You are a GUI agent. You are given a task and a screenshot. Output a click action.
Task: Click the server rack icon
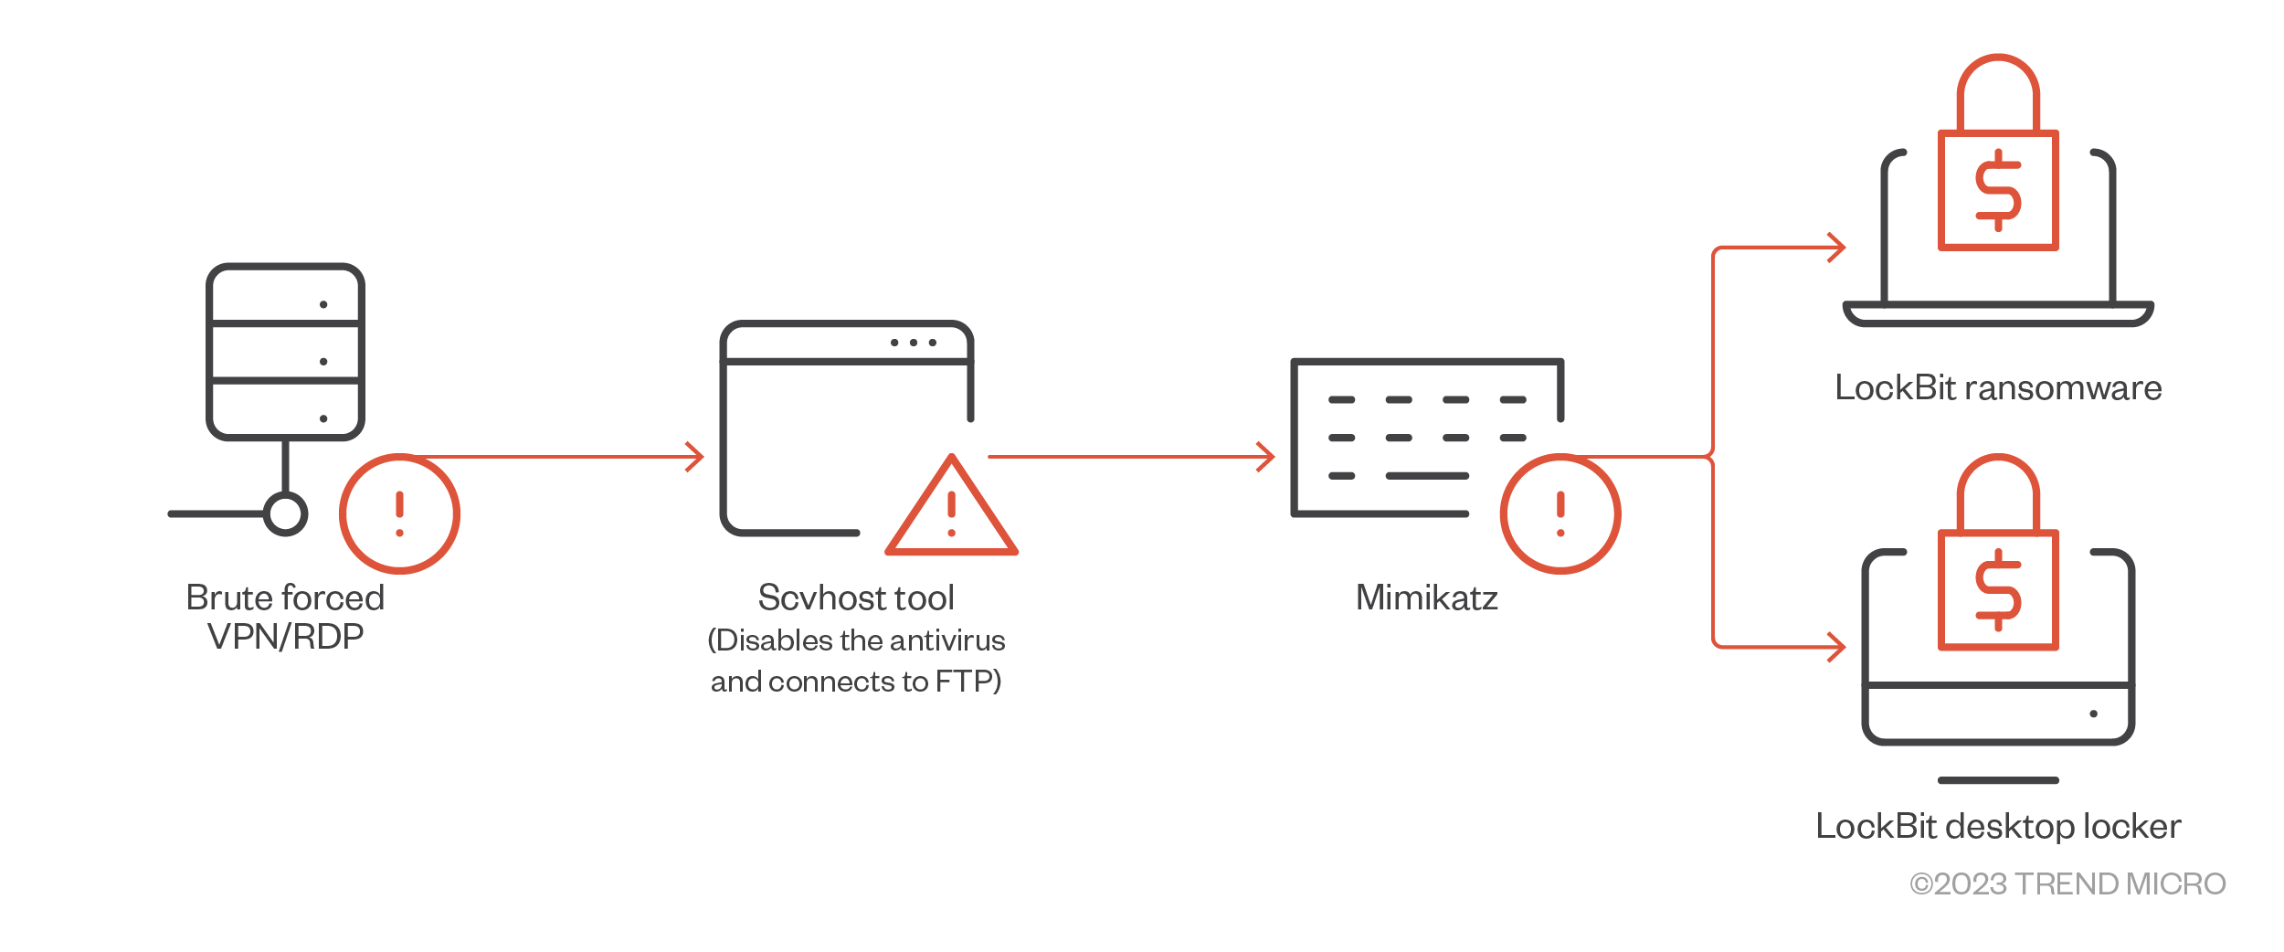pyautogui.click(x=285, y=352)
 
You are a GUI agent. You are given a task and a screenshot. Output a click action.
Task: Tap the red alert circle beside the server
pyautogui.click(x=399, y=513)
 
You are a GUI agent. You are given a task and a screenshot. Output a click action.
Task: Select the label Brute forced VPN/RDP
pyautogui.click(x=285, y=617)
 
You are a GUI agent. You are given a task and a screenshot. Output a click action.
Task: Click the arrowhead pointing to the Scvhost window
pyautogui.click(x=696, y=457)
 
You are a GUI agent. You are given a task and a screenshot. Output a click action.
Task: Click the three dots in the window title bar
pyautogui.click(x=913, y=343)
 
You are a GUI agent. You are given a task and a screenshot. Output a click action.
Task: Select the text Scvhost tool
pyautogui.click(x=856, y=598)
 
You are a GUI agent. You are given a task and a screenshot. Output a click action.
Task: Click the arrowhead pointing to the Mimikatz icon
pyautogui.click(x=1267, y=457)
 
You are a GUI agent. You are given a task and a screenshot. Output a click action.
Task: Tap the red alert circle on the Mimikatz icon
pyautogui.click(x=1560, y=513)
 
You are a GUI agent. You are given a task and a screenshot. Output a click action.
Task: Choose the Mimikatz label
pyautogui.click(x=1426, y=598)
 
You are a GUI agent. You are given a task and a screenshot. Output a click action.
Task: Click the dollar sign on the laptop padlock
pyautogui.click(x=1998, y=190)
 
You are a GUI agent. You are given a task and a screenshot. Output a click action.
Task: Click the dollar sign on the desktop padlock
pyautogui.click(x=1998, y=590)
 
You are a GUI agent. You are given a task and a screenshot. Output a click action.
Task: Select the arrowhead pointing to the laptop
pyautogui.click(x=1837, y=247)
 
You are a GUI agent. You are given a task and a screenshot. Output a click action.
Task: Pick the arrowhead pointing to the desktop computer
pyautogui.click(x=1837, y=647)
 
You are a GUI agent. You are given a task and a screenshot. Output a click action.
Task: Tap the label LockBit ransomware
pyautogui.click(x=1998, y=388)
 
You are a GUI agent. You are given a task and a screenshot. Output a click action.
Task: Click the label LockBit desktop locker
pyautogui.click(x=1998, y=826)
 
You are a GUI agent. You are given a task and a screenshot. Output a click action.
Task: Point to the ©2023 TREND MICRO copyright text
pyautogui.click(x=2067, y=883)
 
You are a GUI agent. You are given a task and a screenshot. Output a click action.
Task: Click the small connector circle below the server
pyautogui.click(x=285, y=513)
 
